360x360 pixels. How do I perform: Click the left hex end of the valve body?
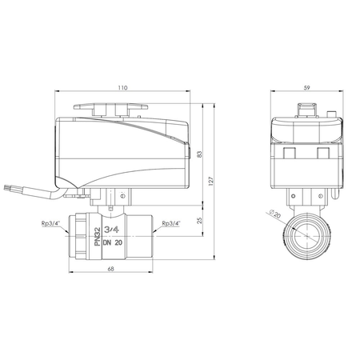point(80,234)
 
